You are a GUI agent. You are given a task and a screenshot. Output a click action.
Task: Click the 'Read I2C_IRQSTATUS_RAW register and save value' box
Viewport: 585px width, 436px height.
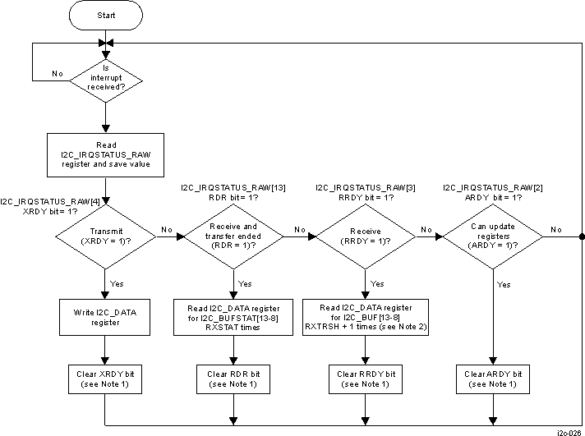tap(104, 154)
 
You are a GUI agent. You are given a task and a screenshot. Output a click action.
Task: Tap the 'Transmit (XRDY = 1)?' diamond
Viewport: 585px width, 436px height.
tap(104, 236)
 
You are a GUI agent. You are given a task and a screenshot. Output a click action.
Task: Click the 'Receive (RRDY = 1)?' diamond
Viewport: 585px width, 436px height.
tap(364, 236)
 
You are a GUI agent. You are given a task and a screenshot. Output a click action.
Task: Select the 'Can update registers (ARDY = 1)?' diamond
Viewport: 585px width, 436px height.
tap(492, 236)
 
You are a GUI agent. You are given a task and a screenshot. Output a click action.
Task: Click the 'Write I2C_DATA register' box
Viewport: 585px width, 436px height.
tap(104, 317)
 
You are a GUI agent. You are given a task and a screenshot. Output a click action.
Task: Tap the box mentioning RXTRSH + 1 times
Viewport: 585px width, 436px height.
tap(364, 317)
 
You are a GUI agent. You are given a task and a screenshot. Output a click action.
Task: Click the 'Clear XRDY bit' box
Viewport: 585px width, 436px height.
tap(104, 379)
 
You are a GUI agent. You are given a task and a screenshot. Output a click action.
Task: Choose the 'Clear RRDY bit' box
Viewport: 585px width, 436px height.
tap(364, 379)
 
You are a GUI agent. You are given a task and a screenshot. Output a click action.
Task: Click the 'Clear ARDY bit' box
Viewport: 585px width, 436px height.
tap(492, 379)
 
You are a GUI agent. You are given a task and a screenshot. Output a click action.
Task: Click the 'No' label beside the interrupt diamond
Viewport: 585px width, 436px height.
tap(58, 74)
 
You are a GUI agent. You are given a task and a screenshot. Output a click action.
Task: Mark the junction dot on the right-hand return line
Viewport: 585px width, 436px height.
tap(582, 236)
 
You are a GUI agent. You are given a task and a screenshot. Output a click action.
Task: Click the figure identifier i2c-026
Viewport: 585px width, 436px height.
tap(569, 431)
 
